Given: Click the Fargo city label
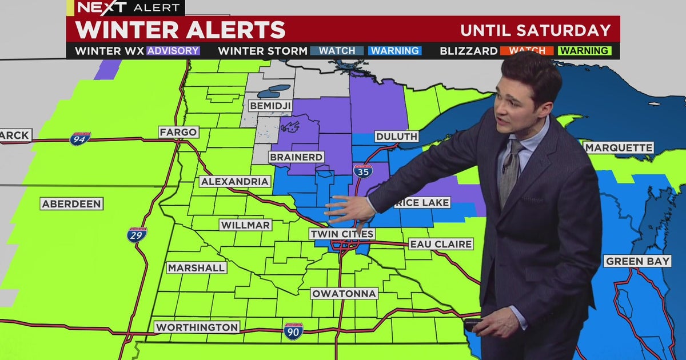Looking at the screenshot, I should [178, 132].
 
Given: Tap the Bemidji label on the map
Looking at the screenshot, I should [270, 106].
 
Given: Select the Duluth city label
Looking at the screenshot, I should [396, 137].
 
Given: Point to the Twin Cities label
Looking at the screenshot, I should [342, 234].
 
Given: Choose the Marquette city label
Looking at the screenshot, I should [619, 148].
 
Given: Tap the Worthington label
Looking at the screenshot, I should [197, 327].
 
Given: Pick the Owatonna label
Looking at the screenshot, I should [344, 294].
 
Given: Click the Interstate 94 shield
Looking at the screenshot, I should [80, 139].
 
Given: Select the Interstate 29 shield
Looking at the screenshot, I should [137, 234].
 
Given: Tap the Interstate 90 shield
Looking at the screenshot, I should [293, 330].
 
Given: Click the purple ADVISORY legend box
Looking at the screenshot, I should [173, 50].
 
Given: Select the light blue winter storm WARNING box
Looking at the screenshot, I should [395, 50].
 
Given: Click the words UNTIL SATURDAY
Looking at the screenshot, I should [536, 30].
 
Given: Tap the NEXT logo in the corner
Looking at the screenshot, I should [102, 7].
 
